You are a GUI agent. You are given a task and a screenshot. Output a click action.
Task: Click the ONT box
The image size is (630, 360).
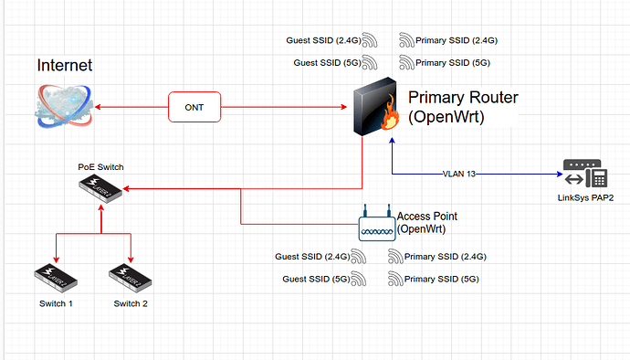coord(194,107)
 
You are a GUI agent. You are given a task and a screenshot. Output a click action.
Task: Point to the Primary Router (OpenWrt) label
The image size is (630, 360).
coord(452,107)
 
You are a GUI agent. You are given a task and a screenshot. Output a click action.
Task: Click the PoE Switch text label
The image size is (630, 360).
coord(100,167)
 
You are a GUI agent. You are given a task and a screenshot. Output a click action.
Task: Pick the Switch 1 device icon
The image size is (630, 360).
coord(57,275)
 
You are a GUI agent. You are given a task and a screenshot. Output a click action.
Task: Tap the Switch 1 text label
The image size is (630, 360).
coord(57,303)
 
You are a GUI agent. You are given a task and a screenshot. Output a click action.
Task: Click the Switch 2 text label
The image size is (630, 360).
coord(131,303)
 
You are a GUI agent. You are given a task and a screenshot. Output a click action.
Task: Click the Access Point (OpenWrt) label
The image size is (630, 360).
coord(426,222)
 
